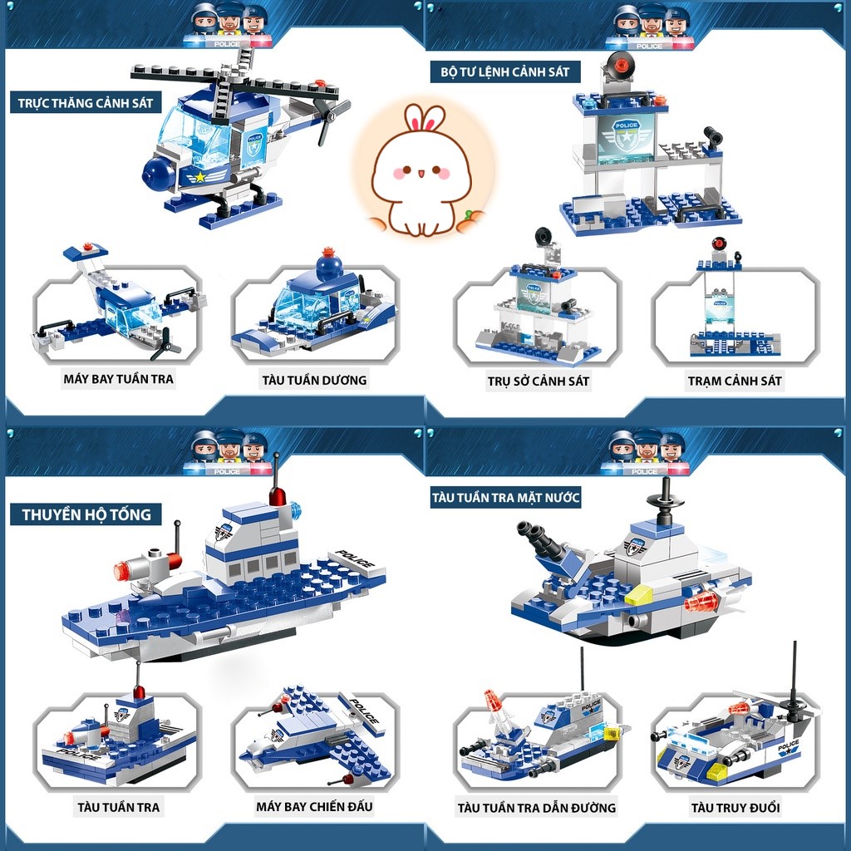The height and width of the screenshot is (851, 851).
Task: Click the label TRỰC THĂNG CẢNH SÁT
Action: click(86, 102)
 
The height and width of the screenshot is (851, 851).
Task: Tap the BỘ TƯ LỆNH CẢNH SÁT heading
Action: click(505, 71)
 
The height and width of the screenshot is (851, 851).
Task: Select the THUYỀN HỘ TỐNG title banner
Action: click(86, 514)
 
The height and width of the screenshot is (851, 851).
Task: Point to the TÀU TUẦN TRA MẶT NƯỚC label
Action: click(506, 497)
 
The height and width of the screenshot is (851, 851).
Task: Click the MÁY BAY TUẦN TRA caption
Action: click(118, 379)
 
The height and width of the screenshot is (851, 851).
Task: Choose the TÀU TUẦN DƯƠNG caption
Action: click(315, 380)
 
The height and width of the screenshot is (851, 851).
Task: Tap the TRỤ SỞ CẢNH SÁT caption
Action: click(539, 381)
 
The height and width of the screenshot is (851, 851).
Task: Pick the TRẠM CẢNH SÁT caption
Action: click(735, 381)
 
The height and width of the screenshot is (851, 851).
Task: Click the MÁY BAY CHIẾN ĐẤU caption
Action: click(315, 806)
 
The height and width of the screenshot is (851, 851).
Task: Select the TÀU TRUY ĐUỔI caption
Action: click(735, 808)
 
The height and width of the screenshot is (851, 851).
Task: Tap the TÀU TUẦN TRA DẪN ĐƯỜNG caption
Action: click(537, 808)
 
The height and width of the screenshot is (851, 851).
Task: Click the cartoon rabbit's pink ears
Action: click(425, 118)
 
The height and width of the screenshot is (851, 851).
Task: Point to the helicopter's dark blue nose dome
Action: click(159, 174)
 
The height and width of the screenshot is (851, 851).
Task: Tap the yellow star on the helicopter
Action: click(200, 177)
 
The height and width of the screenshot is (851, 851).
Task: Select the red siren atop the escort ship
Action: click(278, 495)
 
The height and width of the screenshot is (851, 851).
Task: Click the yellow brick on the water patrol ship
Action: click(638, 595)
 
